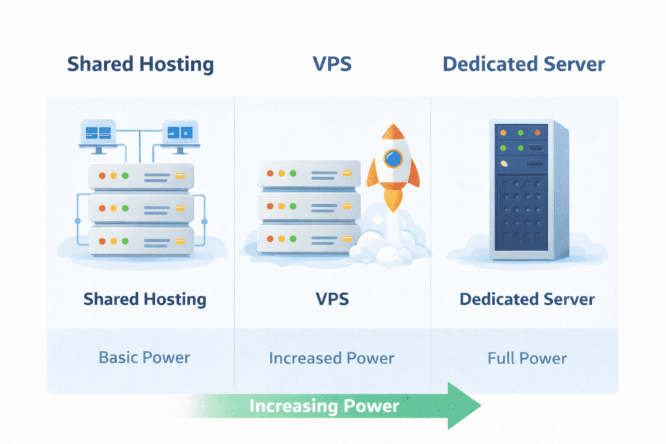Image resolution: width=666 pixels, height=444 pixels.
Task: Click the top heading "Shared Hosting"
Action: click(140, 64)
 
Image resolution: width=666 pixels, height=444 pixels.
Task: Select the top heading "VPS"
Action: click(332, 64)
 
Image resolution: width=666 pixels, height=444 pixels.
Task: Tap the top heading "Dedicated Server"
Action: click(524, 64)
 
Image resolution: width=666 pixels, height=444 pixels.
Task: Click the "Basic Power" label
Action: click(144, 358)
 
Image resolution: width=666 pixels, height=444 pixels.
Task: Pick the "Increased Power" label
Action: click(332, 358)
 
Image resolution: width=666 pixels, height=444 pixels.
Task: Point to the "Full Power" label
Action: click(527, 358)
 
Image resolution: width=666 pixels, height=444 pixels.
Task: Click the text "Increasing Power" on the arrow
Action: click(324, 406)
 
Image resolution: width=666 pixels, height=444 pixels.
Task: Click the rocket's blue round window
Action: click(393, 159)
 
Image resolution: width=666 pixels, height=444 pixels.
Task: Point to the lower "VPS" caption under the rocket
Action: click(332, 299)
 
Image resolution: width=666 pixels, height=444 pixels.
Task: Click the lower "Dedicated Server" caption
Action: click(527, 299)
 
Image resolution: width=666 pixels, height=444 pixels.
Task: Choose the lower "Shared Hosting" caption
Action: click(144, 299)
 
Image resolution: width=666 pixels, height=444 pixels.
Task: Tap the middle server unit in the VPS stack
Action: click(309, 207)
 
